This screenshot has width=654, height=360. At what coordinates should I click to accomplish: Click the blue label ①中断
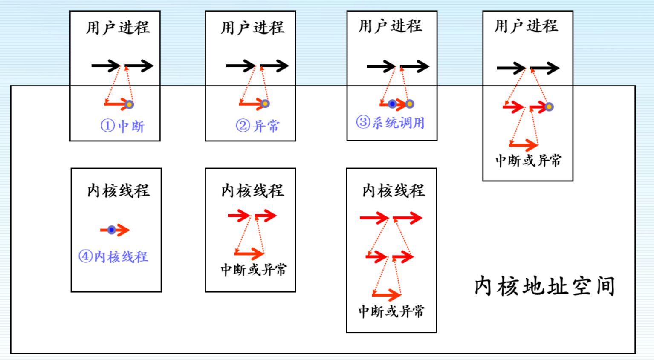tap(123, 126)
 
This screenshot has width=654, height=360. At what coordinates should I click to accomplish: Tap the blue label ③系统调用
tap(391, 123)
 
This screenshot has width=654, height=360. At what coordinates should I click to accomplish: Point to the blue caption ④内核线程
tap(113, 256)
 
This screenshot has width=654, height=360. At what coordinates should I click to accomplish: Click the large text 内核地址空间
tap(545, 286)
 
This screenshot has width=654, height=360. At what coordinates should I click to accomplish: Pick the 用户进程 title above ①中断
tap(118, 28)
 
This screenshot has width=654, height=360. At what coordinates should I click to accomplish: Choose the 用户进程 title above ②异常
tap(252, 28)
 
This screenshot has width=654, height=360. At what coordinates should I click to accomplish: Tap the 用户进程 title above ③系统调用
tap(390, 26)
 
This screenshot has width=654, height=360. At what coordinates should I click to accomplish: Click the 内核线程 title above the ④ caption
tap(119, 190)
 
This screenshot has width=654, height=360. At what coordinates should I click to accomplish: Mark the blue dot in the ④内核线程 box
tap(111, 230)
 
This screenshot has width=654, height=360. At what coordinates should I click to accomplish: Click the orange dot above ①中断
tap(129, 104)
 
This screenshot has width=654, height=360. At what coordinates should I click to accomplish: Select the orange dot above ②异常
tap(265, 104)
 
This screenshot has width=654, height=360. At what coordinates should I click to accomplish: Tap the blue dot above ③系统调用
tap(392, 104)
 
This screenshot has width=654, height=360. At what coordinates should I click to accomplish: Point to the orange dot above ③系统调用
tap(410, 104)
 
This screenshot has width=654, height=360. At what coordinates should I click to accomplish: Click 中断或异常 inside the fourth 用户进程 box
tap(528, 161)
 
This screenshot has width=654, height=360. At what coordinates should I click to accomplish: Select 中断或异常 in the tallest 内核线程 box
tap(391, 311)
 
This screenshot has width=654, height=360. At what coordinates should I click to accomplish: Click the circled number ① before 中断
tap(107, 126)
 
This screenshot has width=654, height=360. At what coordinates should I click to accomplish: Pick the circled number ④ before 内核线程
tap(85, 256)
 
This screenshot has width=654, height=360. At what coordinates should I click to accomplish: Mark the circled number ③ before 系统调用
tap(363, 122)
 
